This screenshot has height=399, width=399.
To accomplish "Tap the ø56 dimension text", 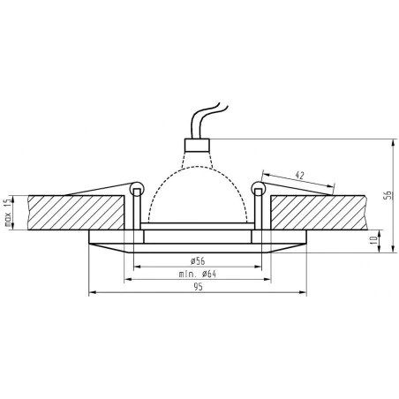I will point(198,259).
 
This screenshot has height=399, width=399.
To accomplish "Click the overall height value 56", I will point(387,195).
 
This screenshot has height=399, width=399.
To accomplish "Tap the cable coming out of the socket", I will point(201,118).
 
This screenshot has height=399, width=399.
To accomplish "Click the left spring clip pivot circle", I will point(136,188).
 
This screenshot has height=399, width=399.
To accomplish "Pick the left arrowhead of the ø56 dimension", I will point(137,266).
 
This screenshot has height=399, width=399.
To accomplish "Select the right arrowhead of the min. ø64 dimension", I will point(269,280).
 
